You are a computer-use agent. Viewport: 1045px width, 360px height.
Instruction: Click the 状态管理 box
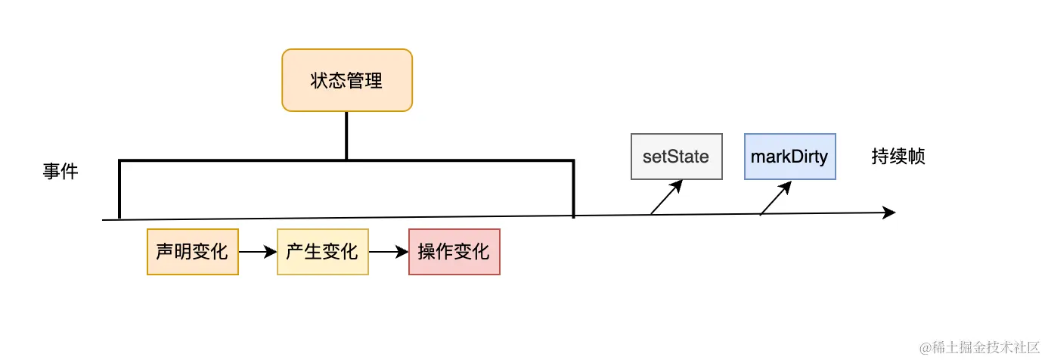347,81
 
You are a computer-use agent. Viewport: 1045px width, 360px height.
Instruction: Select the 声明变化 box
193,252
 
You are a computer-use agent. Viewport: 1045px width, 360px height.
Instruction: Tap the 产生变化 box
323,252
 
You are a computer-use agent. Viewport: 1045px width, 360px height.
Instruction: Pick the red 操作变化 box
454,252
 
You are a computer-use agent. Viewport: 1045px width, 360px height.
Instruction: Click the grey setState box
676,157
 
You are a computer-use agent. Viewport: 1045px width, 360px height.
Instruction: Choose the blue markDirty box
789,157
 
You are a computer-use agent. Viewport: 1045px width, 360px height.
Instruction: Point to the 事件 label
60,172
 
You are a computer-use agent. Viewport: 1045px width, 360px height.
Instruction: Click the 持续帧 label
898,157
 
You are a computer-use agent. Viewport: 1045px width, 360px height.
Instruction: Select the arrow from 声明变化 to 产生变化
258,252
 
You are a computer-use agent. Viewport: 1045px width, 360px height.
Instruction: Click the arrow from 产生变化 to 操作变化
388,252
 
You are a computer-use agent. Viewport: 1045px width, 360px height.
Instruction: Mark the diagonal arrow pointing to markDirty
776,198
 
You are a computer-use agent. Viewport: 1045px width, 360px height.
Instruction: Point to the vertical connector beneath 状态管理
346,136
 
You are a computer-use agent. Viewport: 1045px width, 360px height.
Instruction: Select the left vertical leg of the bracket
119,189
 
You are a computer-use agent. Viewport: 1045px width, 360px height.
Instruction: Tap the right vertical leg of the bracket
573,189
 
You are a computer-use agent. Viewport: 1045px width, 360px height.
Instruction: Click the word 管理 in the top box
365,81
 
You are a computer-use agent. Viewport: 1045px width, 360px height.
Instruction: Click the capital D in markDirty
798,157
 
